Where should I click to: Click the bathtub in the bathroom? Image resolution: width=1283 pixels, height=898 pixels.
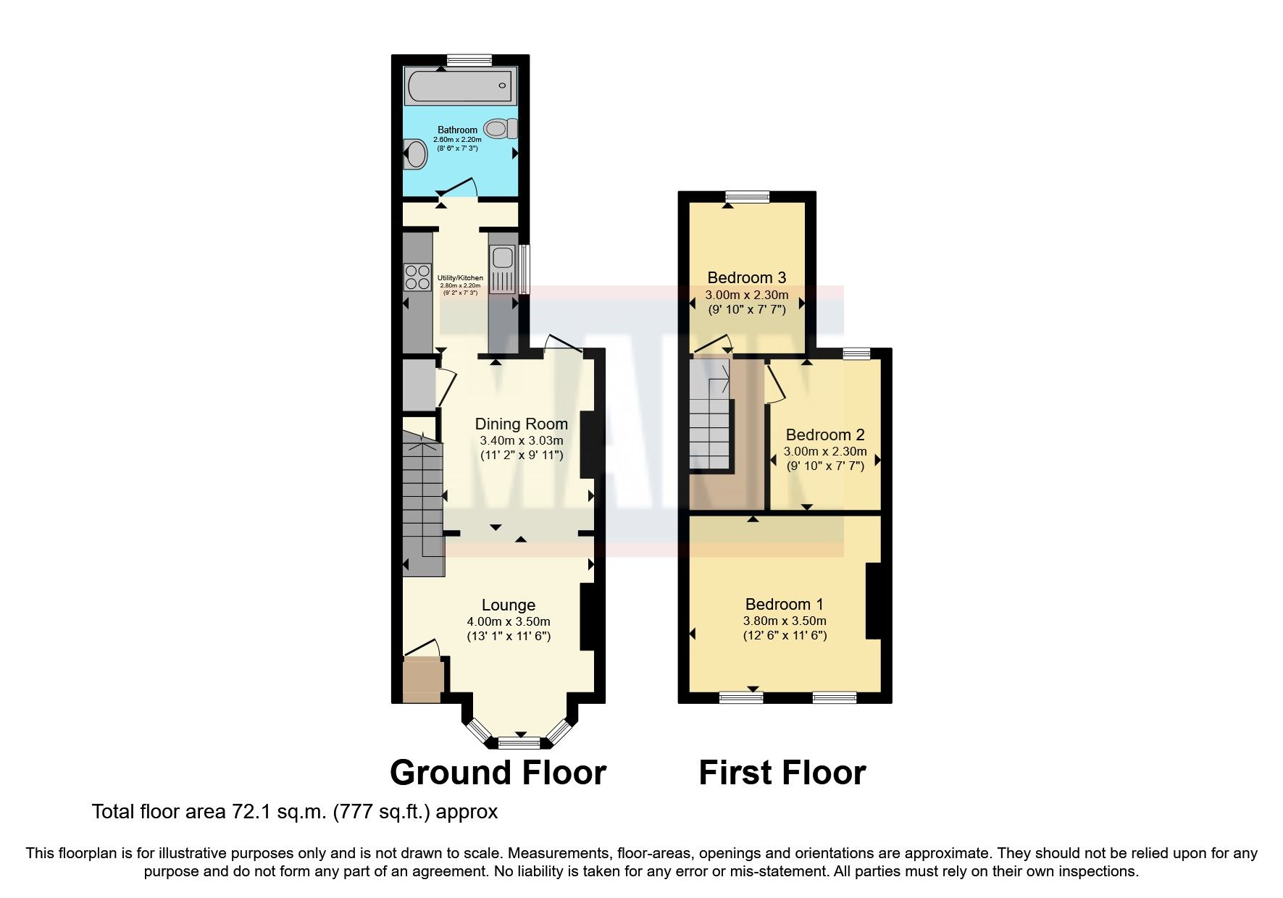(x=461, y=86)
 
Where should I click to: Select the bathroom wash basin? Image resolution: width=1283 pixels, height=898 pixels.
(x=415, y=154)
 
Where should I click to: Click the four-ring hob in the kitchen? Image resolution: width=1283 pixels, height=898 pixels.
(x=417, y=277)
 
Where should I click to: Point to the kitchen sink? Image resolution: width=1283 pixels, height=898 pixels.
(x=501, y=257)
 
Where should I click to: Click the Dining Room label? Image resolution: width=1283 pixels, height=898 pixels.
(x=521, y=424)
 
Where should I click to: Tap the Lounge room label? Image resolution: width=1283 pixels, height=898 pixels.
(x=509, y=605)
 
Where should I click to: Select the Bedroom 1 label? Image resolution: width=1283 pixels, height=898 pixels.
(x=784, y=604)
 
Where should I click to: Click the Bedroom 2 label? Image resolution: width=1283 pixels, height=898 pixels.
(x=825, y=435)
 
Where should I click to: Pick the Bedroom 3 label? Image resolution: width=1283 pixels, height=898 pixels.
(x=746, y=277)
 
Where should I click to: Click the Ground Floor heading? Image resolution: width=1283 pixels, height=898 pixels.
(x=498, y=773)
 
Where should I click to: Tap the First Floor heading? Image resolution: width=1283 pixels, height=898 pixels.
(x=782, y=773)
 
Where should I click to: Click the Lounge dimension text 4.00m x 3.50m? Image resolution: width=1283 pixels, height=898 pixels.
(x=509, y=621)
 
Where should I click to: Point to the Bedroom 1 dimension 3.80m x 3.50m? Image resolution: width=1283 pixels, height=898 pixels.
(x=785, y=621)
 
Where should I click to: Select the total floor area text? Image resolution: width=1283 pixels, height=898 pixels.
(x=295, y=811)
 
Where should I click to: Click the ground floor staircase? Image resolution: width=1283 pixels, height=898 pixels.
(x=422, y=500)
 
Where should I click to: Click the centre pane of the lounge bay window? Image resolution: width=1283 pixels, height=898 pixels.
(x=519, y=742)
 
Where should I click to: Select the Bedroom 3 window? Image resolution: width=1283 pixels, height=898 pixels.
(x=748, y=196)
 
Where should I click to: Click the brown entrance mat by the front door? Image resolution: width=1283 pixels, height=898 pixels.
(x=422, y=679)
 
